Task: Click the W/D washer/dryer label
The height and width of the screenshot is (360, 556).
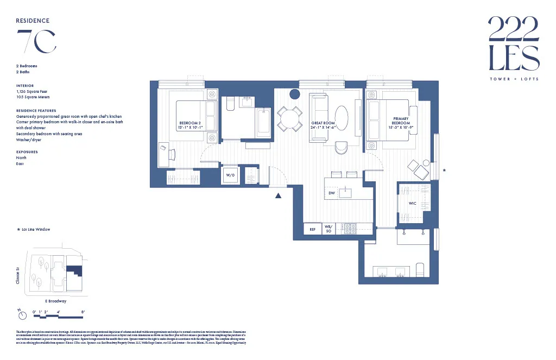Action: point(230,175)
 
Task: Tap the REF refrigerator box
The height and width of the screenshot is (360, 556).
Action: point(312,229)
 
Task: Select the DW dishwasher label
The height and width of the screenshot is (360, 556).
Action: point(332,193)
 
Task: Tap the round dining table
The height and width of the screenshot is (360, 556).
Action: point(290,118)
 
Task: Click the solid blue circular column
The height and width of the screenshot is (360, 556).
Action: point(295,94)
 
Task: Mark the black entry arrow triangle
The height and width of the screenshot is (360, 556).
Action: point(279,196)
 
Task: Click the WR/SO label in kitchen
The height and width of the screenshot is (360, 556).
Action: point(328,229)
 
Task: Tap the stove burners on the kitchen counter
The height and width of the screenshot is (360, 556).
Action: point(349,229)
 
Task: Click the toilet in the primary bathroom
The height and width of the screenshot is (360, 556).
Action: point(419,270)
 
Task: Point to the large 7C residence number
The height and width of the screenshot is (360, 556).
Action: point(36,41)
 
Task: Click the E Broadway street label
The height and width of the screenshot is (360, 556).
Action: point(56,301)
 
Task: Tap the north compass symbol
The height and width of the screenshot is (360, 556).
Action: point(21,314)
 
